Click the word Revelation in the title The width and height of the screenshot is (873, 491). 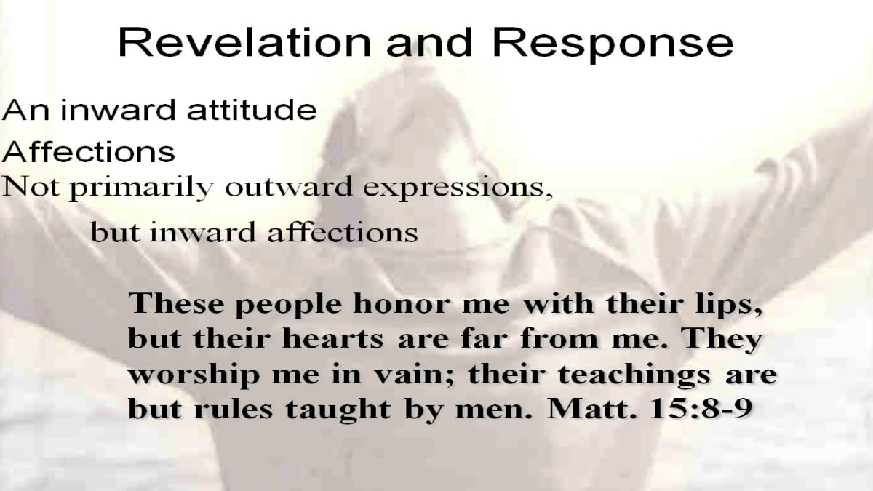tap(244, 42)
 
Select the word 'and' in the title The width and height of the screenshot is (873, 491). tap(430, 42)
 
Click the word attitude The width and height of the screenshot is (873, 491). tap(252, 110)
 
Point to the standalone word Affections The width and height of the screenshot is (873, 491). tap(89, 151)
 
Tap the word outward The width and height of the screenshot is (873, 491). tap(289, 187)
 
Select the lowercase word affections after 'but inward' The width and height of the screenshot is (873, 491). tap(343, 232)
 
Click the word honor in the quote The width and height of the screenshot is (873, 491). tap(402, 304)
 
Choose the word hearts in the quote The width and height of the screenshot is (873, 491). tap(333, 339)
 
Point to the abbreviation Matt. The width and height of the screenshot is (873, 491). tap(591, 408)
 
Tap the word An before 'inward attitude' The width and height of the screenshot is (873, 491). tap(26, 110)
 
